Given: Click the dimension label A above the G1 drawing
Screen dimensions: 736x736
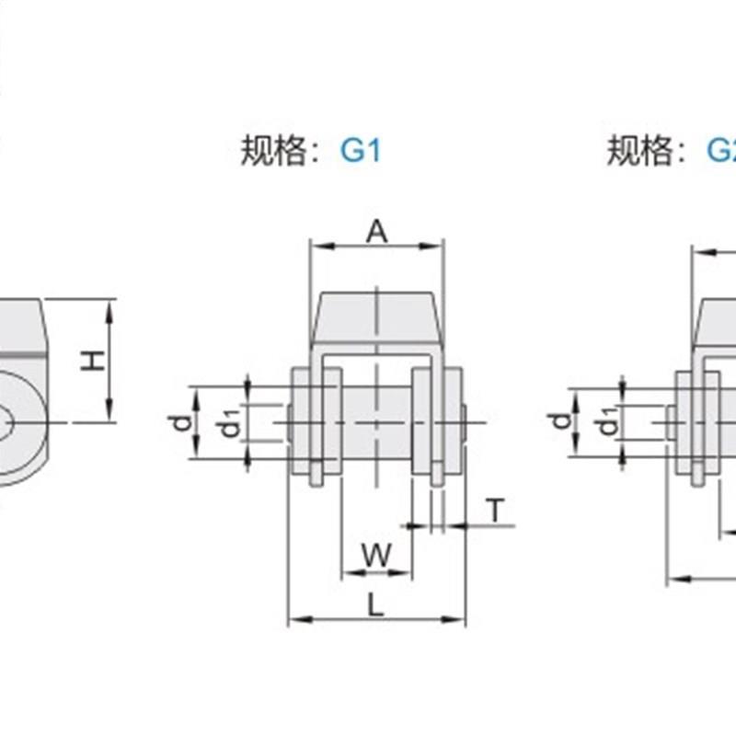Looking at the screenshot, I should (376, 233).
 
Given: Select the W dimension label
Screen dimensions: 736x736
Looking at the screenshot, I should (375, 555).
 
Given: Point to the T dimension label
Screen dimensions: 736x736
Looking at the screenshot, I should (497, 510).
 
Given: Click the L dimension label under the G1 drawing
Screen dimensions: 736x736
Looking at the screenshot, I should (375, 604).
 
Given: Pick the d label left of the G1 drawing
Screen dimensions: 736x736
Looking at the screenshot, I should (182, 422).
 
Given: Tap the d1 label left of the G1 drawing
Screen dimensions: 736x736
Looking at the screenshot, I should (227, 425).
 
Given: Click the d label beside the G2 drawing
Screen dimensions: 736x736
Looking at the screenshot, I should (558, 422).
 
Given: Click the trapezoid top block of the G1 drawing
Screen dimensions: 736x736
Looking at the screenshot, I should (377, 317).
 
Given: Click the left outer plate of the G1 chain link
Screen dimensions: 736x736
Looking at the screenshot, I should (302, 421).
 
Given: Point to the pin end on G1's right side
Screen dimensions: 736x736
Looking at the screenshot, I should (474, 422).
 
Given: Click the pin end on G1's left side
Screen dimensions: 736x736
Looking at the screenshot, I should (285, 422).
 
